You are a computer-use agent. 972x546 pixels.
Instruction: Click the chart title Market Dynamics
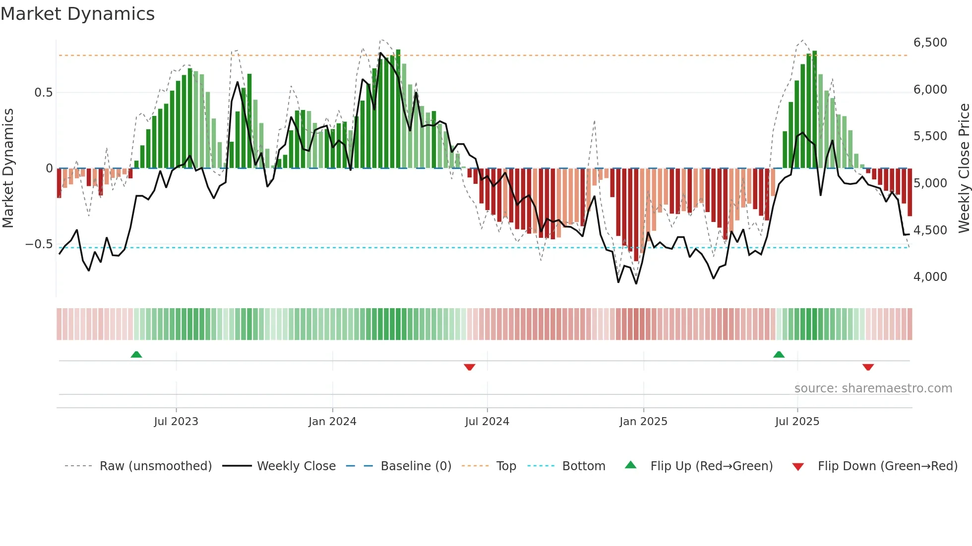click(x=78, y=14)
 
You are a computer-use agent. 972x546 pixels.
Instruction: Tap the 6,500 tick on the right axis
click(x=930, y=43)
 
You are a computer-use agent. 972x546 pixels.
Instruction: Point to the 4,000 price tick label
click(x=930, y=277)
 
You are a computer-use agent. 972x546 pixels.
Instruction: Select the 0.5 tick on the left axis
click(x=43, y=93)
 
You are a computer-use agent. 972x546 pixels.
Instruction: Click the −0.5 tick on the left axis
click(x=39, y=244)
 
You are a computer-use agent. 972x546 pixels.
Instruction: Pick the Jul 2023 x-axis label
click(x=176, y=422)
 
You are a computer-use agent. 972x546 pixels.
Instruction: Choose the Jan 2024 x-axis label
click(x=332, y=422)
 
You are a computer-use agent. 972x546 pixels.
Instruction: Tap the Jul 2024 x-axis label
click(x=487, y=422)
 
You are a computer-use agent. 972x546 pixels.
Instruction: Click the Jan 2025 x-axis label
click(x=643, y=422)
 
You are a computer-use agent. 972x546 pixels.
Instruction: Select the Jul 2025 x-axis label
click(x=797, y=422)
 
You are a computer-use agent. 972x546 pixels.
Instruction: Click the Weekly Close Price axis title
click(x=964, y=168)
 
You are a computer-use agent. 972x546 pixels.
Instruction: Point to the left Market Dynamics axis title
click(x=8, y=168)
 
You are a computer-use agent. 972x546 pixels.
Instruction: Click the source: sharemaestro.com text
click(x=873, y=388)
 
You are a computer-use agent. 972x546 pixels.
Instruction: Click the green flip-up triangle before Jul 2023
click(x=136, y=354)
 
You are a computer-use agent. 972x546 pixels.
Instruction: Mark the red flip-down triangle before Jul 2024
click(x=470, y=367)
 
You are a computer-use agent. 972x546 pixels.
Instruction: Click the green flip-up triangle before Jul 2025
click(x=779, y=354)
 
